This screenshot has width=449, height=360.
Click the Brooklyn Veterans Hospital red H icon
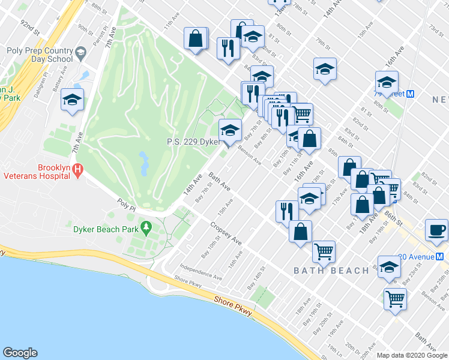coord(77,171)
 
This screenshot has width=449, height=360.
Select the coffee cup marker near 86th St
coord(437,230)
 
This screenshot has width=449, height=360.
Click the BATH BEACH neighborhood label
coord(331,271)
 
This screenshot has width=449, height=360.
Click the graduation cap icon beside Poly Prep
coord(79,55)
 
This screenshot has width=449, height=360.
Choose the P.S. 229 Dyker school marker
coord(231,129)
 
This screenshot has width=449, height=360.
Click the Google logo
coord(20,353)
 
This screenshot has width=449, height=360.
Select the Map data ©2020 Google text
coord(411,355)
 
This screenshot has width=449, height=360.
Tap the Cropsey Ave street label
coord(226,233)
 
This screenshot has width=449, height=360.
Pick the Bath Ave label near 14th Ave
coord(220,182)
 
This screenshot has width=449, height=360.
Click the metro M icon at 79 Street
coord(412,94)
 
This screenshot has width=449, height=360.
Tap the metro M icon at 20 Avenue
coord(440,256)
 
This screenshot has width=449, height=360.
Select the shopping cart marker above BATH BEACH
coord(324,251)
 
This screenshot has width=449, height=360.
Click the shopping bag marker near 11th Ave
coord(196,39)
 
